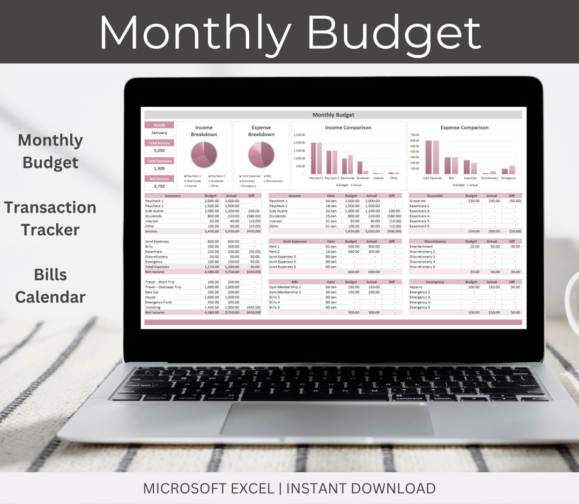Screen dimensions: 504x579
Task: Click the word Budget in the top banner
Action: click(x=394, y=32)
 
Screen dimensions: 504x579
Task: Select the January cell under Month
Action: click(x=159, y=133)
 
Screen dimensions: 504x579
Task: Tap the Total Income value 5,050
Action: click(x=159, y=151)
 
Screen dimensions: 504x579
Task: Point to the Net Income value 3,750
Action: click(x=159, y=186)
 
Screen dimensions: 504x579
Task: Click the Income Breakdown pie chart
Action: click(x=204, y=155)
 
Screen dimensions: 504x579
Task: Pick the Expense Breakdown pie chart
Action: click(x=261, y=155)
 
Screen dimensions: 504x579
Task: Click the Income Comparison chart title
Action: click(x=348, y=128)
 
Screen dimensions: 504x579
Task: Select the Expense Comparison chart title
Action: click(x=464, y=128)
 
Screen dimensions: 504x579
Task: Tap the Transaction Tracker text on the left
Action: click(x=50, y=218)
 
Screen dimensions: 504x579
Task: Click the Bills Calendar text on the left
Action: click(x=50, y=286)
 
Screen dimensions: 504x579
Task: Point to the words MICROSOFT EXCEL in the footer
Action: click(x=211, y=488)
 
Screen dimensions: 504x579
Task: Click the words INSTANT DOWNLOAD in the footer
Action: click(x=360, y=488)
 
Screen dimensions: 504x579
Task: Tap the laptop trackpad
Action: click(x=326, y=419)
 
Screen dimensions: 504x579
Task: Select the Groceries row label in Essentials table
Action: click(x=418, y=201)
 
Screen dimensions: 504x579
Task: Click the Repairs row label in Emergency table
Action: click(x=416, y=287)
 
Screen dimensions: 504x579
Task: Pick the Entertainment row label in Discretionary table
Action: click(x=421, y=246)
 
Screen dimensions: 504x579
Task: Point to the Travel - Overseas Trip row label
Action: click(x=163, y=287)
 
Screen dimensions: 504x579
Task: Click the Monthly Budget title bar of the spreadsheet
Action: click(x=333, y=115)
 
